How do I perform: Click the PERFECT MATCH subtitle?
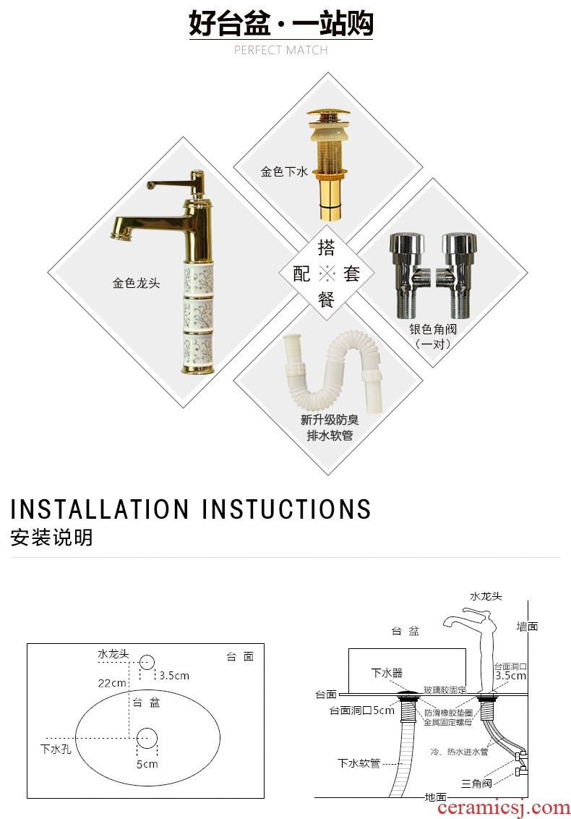tap(281, 50)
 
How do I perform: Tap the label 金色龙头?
tap(136, 284)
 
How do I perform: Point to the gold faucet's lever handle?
tap(172, 184)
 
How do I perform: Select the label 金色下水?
tap(285, 171)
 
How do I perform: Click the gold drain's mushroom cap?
tap(327, 116)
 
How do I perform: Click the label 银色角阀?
tap(433, 329)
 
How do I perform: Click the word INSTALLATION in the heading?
tap(100, 509)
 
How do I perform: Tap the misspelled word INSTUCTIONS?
tap(286, 509)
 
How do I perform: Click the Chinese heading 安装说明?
tap(51, 538)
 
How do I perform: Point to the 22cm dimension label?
tap(112, 683)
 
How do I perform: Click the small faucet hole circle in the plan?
tap(147, 662)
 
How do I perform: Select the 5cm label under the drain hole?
tap(147, 764)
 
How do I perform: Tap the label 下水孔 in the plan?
tap(56, 749)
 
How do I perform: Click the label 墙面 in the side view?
tap(527, 627)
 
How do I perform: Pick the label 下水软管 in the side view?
tap(359, 763)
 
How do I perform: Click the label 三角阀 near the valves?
tap(476, 784)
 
